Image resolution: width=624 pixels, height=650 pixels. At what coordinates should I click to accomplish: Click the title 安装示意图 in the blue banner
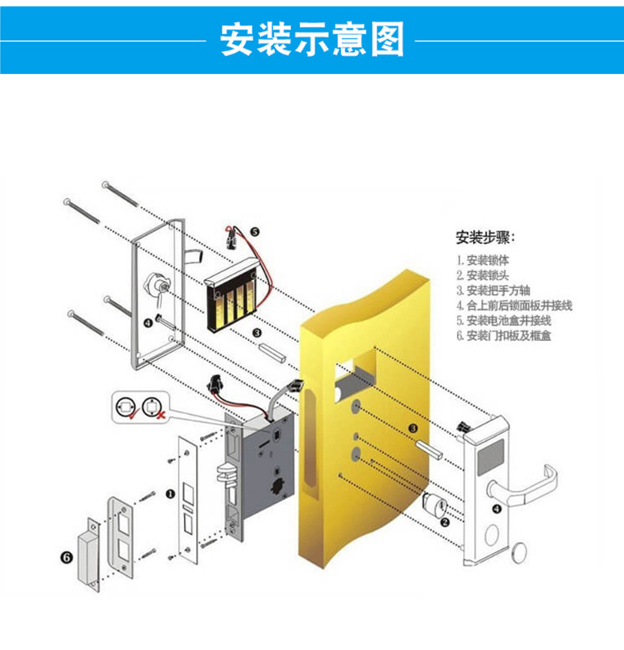311,39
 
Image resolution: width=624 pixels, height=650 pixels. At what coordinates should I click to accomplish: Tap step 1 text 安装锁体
483,260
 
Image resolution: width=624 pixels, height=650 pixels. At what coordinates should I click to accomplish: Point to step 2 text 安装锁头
483,275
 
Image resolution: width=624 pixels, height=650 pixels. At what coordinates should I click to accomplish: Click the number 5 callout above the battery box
254,231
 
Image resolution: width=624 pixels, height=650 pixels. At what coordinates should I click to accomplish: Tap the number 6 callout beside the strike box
66,556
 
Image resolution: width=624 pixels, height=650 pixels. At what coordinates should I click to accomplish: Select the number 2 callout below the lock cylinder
444,521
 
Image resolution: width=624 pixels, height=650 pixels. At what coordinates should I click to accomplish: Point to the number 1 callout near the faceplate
169,495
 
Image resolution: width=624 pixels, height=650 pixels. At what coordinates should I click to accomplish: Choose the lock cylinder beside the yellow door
434,502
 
